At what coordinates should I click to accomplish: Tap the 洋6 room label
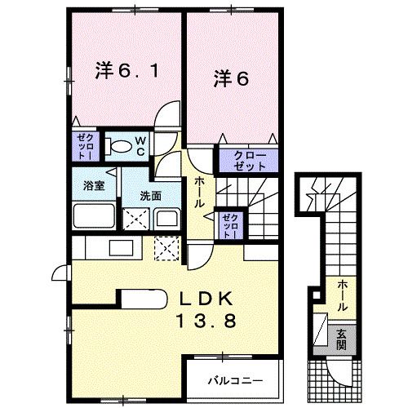(231, 78)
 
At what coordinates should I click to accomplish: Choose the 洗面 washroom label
(149, 196)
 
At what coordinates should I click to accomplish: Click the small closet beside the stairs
(228, 224)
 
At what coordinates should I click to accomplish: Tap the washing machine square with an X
(134, 219)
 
